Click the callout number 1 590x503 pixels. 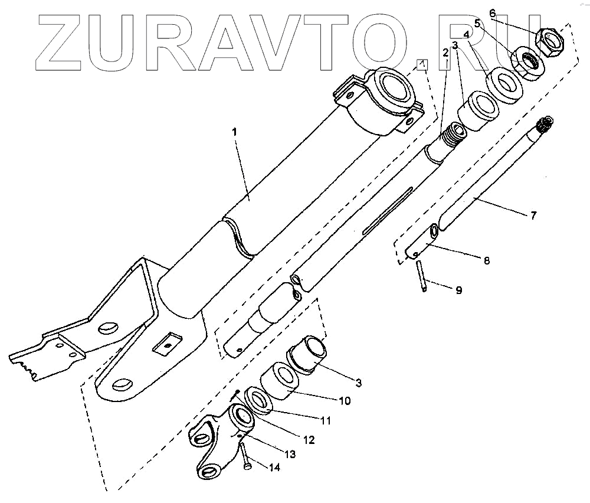[x=234, y=132]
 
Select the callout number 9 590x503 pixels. [x=458, y=290]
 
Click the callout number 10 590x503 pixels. [x=345, y=401]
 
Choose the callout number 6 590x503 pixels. [x=493, y=12]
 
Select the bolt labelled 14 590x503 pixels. [x=244, y=455]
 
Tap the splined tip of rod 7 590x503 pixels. [x=544, y=125]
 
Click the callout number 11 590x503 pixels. [x=324, y=421]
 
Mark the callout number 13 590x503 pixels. [x=290, y=454]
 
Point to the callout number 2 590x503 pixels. [x=445, y=51]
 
